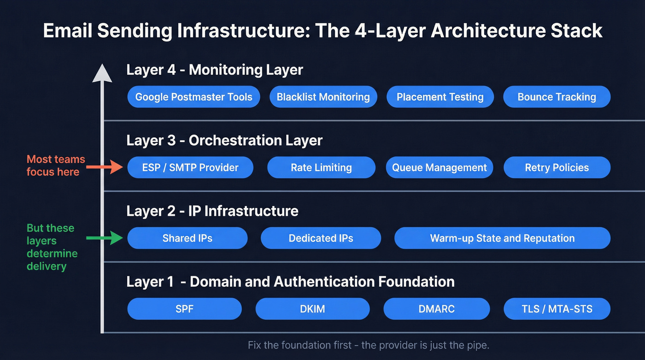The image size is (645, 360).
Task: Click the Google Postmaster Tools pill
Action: click(193, 97)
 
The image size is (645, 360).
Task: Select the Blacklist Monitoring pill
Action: click(323, 97)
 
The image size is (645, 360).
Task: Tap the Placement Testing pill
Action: click(440, 97)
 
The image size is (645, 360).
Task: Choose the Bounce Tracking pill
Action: click(557, 97)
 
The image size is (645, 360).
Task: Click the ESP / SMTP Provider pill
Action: click(190, 168)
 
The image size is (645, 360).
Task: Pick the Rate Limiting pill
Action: click(321, 168)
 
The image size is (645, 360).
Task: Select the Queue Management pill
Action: click(439, 168)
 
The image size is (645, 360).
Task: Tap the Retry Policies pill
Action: click(557, 168)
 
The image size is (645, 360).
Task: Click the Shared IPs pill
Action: click(187, 238)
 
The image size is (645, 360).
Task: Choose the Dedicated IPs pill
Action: click(321, 238)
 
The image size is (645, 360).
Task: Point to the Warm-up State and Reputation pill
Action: click(502, 238)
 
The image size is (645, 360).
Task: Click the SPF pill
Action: click(184, 309)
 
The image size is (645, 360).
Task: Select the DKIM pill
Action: click(312, 309)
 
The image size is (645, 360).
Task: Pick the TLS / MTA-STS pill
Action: click(557, 309)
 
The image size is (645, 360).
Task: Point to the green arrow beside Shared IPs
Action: click(105, 238)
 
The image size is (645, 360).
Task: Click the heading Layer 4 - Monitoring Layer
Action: click(215, 70)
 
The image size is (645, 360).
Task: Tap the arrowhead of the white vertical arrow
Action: click(102, 74)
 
